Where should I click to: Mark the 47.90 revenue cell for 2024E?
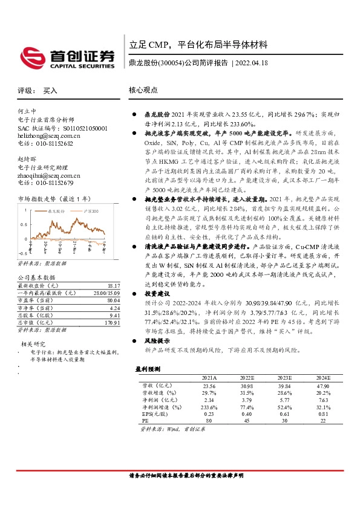(322, 384)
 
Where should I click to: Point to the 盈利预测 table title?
(148, 369)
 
